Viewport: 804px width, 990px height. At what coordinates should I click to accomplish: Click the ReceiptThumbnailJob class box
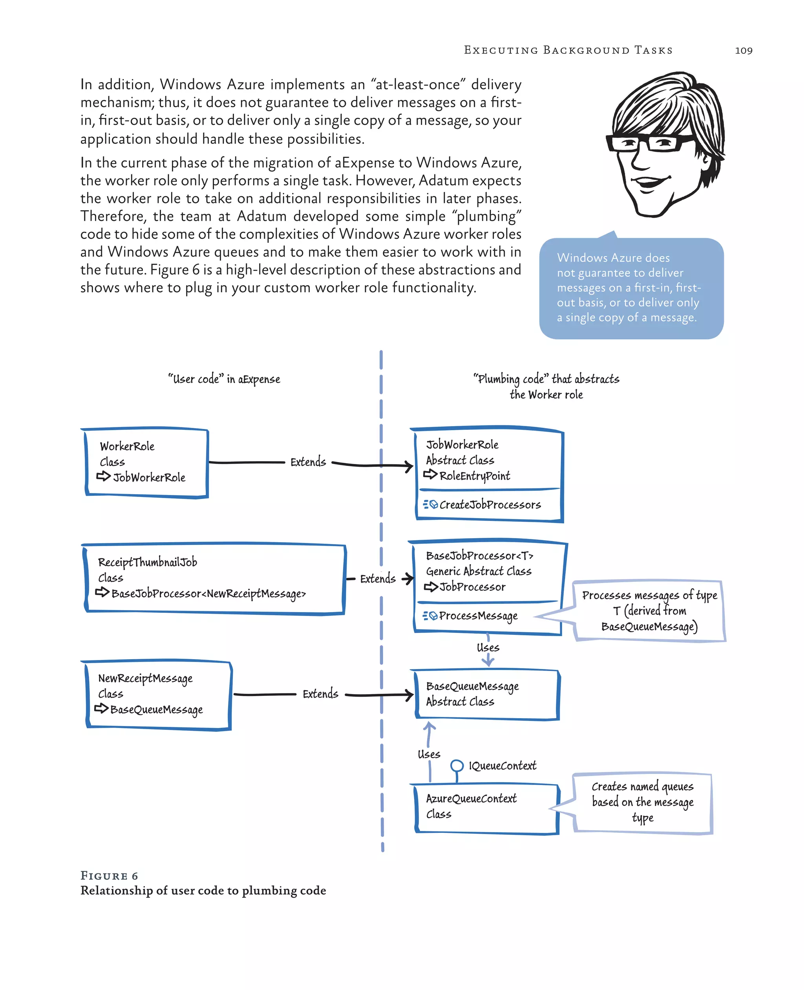[214, 578]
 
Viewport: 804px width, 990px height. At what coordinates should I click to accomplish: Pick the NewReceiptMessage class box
[158, 694]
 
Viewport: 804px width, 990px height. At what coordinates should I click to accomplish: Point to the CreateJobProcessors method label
[490, 504]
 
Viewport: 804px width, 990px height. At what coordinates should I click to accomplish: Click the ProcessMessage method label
[478, 616]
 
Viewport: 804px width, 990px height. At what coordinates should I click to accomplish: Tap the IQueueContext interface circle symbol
[457, 765]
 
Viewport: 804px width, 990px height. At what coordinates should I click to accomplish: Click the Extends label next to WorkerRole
[308, 462]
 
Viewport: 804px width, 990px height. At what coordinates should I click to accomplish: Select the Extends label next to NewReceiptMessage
[320, 694]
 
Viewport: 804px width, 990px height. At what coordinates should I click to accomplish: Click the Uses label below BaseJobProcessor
[488, 647]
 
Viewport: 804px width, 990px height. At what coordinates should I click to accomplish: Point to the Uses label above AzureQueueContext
[429, 754]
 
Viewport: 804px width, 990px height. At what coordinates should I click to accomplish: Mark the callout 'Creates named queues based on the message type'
[642, 802]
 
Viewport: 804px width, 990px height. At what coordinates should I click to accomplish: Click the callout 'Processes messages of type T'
[649, 611]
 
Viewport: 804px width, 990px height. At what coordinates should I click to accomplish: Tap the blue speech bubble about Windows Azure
[631, 288]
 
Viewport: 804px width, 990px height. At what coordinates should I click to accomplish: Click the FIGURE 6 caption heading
[109, 876]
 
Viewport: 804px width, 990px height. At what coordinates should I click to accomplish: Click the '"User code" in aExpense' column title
[224, 379]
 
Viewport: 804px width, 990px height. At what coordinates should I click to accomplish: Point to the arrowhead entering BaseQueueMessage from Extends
[409, 694]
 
